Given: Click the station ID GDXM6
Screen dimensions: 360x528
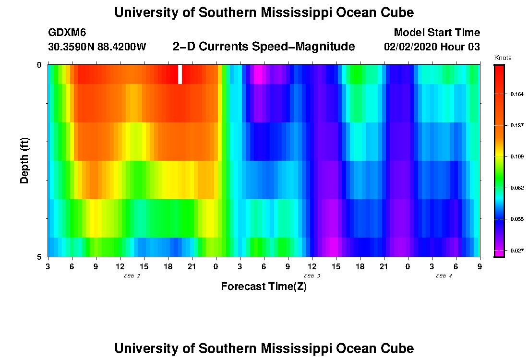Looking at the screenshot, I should (67, 33).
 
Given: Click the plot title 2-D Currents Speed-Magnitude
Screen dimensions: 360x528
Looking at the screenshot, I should (264, 47).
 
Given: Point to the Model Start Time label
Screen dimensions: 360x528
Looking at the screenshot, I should (436, 33).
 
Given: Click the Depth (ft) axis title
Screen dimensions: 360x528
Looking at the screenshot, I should (25, 160).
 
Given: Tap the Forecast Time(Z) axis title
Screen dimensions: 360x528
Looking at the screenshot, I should (264, 287).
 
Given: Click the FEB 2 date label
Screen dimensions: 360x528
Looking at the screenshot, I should (132, 276).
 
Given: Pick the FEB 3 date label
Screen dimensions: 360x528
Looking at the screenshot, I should (312, 276).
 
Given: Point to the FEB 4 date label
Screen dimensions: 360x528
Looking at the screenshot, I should (444, 276).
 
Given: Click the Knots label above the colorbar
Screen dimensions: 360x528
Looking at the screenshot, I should (503, 58).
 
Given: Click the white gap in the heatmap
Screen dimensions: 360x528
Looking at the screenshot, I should (180, 74).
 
